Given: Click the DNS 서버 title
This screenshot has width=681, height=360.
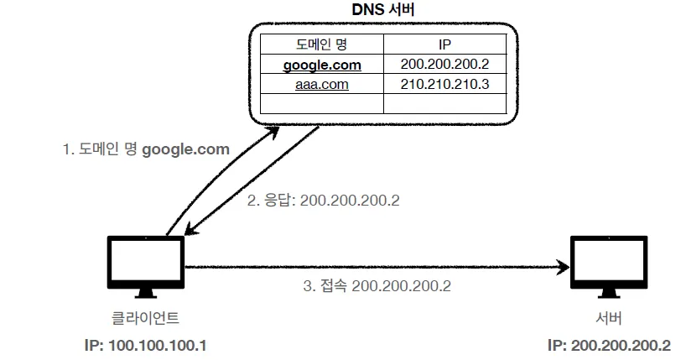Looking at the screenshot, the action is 382,10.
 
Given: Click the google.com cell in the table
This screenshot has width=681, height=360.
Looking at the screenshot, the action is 322,64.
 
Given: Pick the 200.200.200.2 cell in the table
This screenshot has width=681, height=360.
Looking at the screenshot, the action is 444,64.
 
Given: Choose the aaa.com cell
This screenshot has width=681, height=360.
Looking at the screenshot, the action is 322,84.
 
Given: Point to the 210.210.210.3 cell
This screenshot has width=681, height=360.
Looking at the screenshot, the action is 444,84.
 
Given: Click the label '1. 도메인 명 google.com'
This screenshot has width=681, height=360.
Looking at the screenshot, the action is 146,150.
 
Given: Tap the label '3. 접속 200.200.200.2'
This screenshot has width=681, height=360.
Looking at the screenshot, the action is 377,285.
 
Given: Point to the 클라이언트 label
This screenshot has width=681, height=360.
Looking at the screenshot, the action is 145,319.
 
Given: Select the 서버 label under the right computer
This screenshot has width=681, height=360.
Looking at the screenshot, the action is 608,319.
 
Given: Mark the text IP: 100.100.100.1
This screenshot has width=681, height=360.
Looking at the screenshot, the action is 145,345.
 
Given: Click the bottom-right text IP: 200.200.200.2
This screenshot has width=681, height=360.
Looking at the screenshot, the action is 608,345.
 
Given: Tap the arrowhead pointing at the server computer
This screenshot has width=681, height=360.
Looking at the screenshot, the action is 563,269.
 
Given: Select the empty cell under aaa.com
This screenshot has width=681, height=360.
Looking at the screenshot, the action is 322,103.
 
